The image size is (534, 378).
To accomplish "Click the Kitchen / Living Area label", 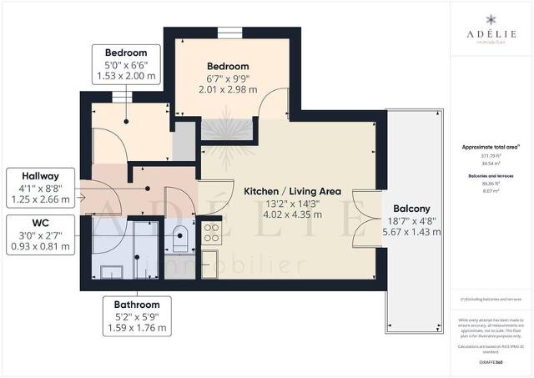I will click(x=280, y=191).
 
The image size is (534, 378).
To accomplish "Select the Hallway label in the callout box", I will click(x=40, y=176).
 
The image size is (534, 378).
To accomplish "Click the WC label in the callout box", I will click(x=40, y=223).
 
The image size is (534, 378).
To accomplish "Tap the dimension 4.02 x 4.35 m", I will click(x=280, y=215).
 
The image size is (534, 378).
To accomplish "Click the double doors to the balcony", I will click(x=360, y=219).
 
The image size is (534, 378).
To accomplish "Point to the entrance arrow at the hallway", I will click(x=80, y=198).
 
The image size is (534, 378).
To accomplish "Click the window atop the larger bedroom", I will click(x=228, y=33).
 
